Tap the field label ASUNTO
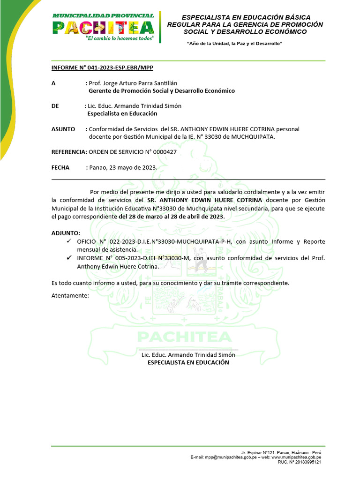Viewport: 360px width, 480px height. click(63, 129)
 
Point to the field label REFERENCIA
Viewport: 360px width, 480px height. click(69, 152)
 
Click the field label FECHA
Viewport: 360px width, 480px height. click(60, 167)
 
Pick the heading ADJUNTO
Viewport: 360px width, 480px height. click(66, 233)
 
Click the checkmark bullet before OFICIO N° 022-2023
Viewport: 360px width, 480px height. click(69, 241)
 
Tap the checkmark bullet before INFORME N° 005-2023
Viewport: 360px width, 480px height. click(69, 258)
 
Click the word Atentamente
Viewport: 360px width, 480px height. click(70, 296)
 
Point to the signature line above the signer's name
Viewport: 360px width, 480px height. click(188, 350)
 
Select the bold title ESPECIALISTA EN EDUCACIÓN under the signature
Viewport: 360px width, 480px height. click(188, 362)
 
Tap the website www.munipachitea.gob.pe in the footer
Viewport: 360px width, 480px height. click(296, 457)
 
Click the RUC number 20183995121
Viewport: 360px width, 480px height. click(306, 462)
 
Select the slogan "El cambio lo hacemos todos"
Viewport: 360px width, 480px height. click(120, 38)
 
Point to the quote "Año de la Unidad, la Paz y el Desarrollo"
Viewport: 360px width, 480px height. click(234, 44)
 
